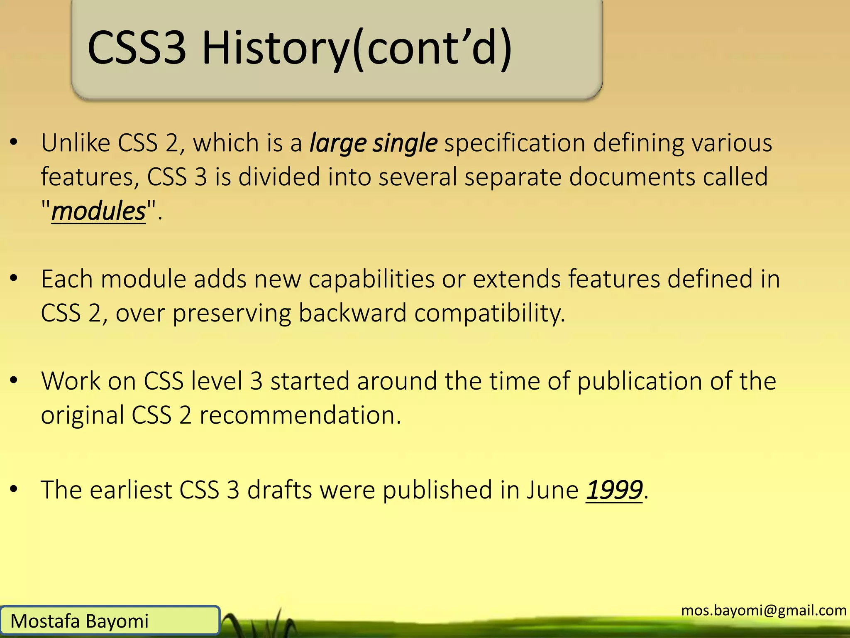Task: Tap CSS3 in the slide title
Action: (137, 48)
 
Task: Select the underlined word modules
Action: (99, 211)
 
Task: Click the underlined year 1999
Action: (614, 490)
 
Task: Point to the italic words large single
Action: (374, 143)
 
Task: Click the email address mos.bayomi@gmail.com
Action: (764, 610)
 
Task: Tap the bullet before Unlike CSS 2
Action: (14, 142)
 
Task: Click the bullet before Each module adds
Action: (14, 279)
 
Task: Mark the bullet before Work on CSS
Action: (14, 380)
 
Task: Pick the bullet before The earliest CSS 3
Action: (14, 490)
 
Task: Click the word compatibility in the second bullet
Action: (490, 314)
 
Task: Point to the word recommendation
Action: (300, 415)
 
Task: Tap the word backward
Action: (352, 313)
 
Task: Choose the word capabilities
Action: (371, 280)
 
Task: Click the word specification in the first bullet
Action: (515, 143)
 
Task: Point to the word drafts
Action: (279, 490)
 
